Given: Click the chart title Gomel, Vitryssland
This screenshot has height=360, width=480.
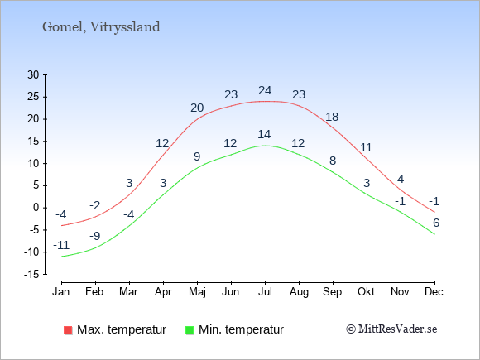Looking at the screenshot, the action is coord(101,27).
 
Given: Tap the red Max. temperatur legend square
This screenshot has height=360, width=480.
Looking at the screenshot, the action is coord(68,330).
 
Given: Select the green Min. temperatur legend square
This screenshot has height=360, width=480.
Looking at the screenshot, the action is coord(190,330).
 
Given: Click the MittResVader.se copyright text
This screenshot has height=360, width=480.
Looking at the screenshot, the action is coord(391,329).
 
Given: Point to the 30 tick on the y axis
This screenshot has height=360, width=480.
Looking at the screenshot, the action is coord(33,74).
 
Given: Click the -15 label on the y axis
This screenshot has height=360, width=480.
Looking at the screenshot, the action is coord(31,274).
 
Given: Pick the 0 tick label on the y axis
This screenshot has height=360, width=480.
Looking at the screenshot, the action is coord(36,208).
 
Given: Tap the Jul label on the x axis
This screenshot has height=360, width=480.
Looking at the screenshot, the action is coord(265,292).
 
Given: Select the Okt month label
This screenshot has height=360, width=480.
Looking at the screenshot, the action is coord(366,292).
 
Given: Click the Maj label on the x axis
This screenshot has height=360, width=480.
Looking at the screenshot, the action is coord(197,292).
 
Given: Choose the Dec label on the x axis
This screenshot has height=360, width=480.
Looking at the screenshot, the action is coord(434,292).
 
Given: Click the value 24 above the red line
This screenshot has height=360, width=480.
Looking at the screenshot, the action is coord(265,90).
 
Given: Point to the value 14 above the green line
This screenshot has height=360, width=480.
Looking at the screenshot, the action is coord(264,134).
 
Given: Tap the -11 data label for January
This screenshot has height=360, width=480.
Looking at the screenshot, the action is coord(61,245).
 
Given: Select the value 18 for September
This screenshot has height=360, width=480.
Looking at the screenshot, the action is coord(332,117).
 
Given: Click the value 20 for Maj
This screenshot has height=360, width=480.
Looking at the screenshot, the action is coord(197,108).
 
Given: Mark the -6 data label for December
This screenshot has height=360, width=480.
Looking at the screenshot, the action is coord(434,223).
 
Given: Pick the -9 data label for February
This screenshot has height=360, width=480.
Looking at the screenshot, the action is coord(95,236).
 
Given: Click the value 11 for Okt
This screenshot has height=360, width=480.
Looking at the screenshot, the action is coord(366,148).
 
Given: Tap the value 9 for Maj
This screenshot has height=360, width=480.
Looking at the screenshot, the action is coord(197,156).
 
